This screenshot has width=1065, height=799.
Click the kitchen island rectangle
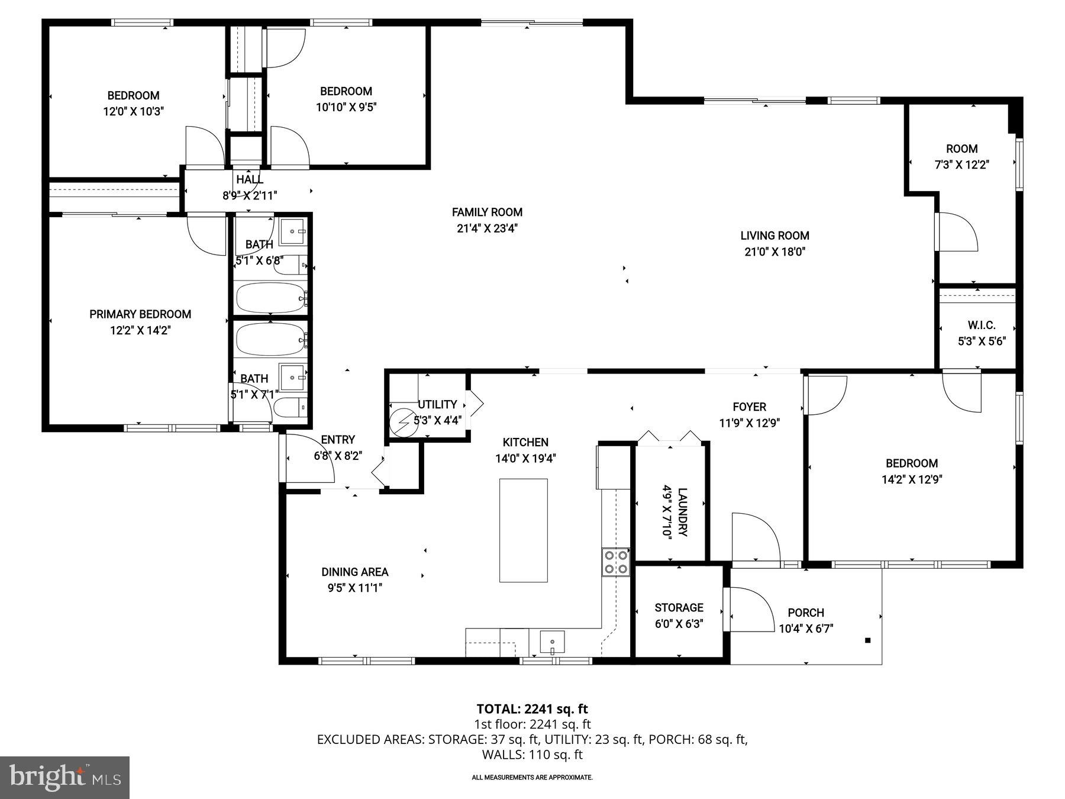tap(523, 530)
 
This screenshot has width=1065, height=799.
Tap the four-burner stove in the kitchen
tap(615, 562)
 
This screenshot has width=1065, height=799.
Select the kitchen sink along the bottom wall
tap(552, 642)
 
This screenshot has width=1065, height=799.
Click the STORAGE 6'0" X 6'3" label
tap(679, 616)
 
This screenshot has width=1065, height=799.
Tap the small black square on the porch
tap(868, 640)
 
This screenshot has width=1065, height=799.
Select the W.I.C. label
tap(982, 325)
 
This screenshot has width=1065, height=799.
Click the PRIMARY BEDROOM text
tap(140, 314)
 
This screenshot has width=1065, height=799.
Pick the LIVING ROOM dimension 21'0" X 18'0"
tap(774, 252)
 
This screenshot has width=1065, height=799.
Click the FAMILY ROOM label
tap(487, 212)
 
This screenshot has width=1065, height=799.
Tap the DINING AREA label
tap(355, 572)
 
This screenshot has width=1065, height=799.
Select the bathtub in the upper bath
tap(270, 297)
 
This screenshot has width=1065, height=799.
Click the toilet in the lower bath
tap(291, 408)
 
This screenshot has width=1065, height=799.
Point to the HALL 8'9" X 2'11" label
tap(250, 187)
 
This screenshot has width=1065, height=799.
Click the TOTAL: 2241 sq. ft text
tap(532, 708)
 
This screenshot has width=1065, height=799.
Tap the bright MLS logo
tap(64, 777)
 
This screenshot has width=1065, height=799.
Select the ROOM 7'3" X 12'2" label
tap(961, 157)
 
